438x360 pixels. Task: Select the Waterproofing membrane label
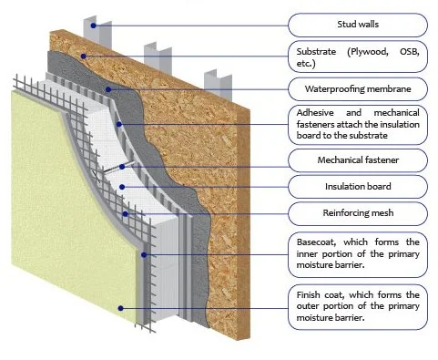click(x=357, y=89)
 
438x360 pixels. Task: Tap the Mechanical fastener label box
click(x=357, y=161)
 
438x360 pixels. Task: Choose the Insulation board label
click(x=357, y=188)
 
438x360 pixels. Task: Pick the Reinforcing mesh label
click(x=357, y=215)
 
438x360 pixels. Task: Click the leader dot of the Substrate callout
click(x=85, y=56)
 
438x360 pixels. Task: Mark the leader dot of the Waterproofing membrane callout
click(x=109, y=89)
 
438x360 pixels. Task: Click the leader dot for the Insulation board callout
click(x=121, y=187)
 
